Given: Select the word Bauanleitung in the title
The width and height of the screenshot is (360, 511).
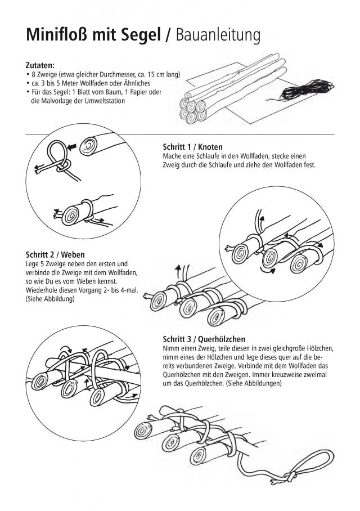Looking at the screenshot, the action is coord(218,35).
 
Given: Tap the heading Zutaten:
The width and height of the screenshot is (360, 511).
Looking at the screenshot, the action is coord(40,65).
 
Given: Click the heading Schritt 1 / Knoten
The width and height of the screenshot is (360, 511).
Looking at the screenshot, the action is coord(192,147).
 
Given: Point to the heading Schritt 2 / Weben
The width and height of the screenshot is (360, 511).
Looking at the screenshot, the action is coord(55,254).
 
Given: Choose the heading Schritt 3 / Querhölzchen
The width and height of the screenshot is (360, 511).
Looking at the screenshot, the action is coord(204,339).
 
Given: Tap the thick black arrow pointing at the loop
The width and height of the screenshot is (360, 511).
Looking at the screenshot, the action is coord(72,147).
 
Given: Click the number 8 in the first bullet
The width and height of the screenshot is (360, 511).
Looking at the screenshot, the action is coord(34,75).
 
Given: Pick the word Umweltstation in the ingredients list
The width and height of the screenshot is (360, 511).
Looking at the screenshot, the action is coord(105,101).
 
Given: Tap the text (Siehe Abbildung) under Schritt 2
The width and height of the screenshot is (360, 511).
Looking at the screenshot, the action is coord(50,298).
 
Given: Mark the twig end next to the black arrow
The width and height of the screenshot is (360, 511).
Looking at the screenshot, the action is coord(88,146).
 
